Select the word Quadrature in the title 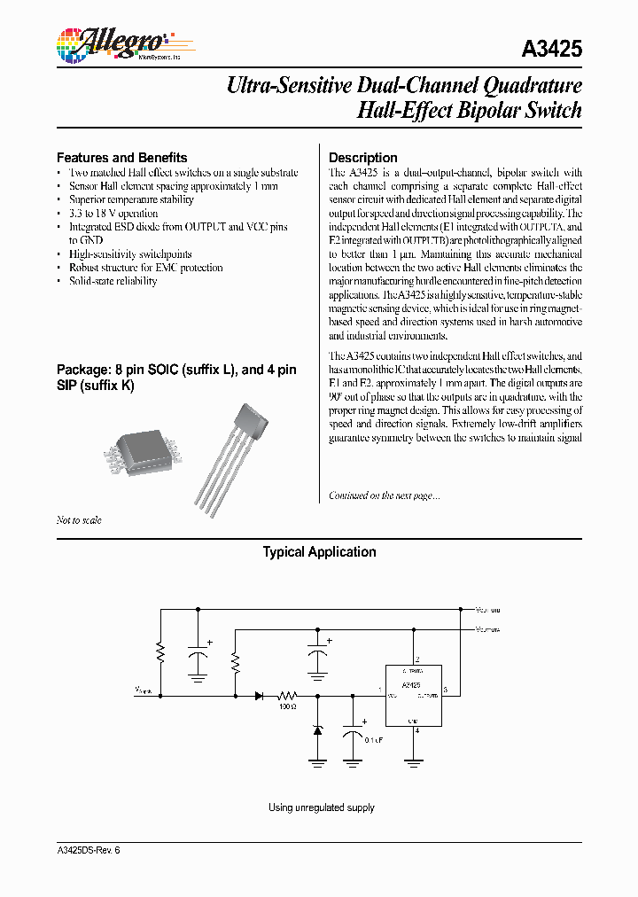(532, 86)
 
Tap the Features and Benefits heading (121, 157)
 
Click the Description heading (362, 157)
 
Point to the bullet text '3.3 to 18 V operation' (113, 214)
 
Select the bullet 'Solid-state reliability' (113, 281)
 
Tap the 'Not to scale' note (79, 520)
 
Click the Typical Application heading (319, 552)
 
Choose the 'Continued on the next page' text (384, 495)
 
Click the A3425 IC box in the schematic (411, 696)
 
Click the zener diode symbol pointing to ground (318, 730)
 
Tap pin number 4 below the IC (416, 731)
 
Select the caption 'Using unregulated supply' (321, 807)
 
